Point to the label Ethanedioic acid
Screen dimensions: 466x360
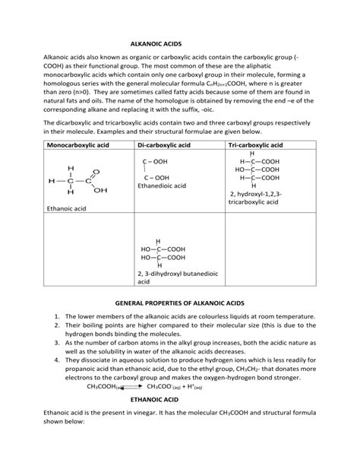[162, 185]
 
